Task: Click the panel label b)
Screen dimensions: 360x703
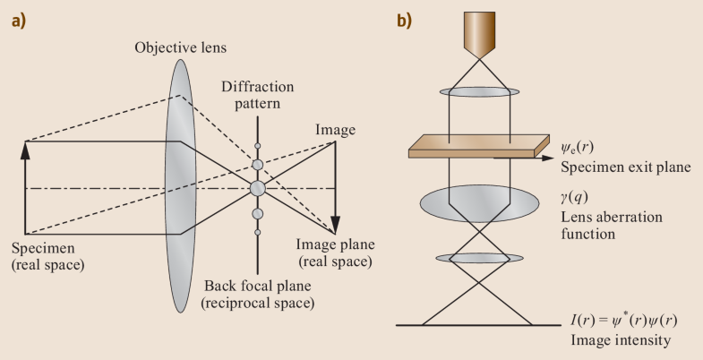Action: [406, 20]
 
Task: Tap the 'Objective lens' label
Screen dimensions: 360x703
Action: [178, 47]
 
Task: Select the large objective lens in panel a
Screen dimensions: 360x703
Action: [179, 188]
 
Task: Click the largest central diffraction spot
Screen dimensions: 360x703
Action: [258, 189]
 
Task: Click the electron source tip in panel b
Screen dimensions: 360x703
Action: [482, 39]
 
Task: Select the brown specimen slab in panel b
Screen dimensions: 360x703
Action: [479, 147]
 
